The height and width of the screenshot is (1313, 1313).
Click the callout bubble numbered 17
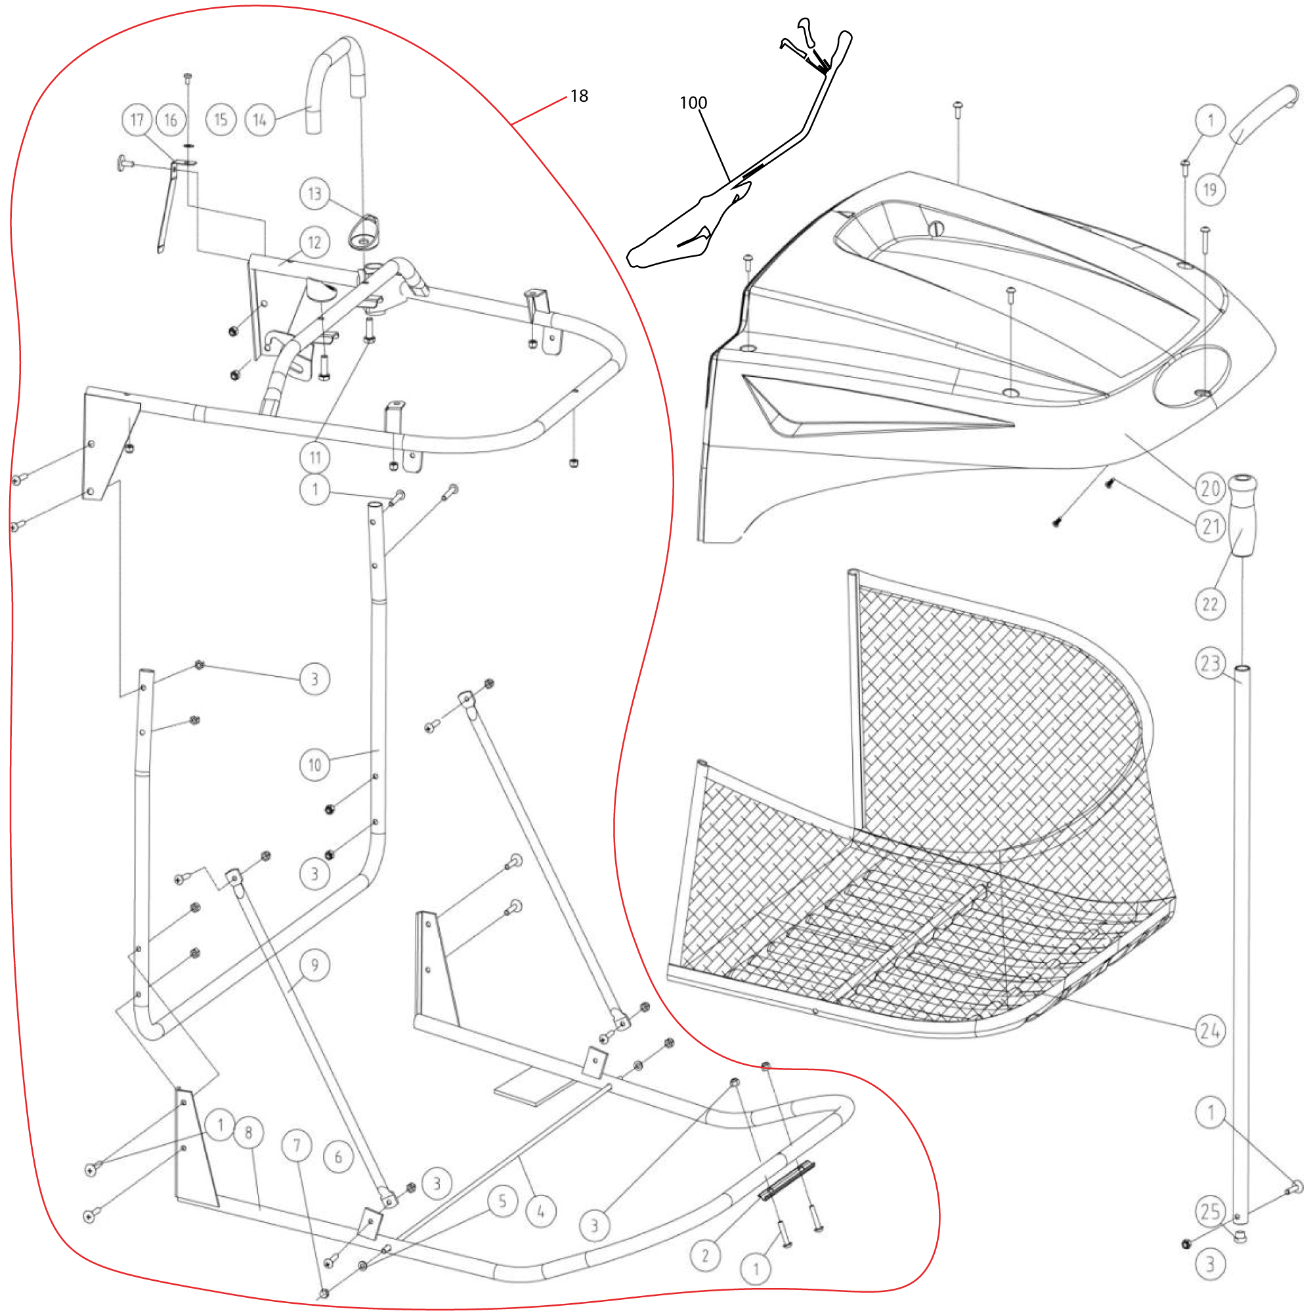137,120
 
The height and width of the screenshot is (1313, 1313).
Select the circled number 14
259,120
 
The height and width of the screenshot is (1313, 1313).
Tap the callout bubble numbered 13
314,194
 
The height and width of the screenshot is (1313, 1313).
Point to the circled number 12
314,243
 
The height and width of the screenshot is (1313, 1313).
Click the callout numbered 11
314,458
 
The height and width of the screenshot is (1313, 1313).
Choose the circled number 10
314,765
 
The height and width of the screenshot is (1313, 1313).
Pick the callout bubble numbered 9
314,966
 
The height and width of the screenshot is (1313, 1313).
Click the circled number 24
1211,1031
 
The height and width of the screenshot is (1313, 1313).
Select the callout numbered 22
1211,603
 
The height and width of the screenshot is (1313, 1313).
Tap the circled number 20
1211,488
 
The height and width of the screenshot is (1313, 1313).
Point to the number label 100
693,102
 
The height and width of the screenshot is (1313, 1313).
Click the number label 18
579,96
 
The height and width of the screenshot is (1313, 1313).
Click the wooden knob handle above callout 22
1241,517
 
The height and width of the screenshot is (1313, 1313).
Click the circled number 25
1211,1212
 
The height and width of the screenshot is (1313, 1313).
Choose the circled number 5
502,1201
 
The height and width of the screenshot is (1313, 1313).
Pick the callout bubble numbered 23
1211,662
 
